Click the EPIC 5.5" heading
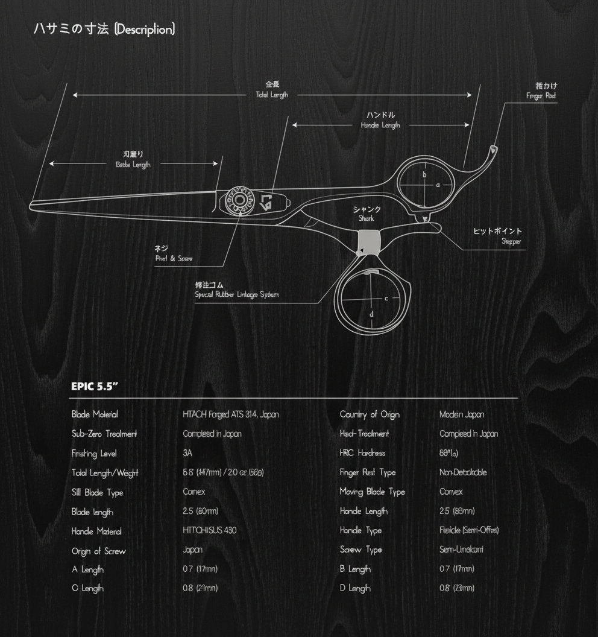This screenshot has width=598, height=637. pos(94,387)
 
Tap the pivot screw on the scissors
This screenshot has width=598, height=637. pos(239,200)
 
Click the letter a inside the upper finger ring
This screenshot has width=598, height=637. pos(438,185)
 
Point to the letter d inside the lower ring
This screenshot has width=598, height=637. pos(372,314)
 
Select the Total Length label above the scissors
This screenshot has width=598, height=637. pos(272,95)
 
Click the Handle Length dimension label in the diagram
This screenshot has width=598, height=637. pos(380,125)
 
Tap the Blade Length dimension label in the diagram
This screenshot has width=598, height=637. pos(133,165)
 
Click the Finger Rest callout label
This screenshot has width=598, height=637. pos(541,95)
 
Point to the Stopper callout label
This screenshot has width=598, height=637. pos(511,242)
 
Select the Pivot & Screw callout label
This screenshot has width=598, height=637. pos(174,259)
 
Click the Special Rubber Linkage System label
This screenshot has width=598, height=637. pos(237,295)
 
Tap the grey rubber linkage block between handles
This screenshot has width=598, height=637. pos(367,241)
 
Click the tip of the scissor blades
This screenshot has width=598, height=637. pos(32,206)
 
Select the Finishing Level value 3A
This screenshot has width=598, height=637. pos(187,453)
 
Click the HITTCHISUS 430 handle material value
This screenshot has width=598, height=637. pos(209,531)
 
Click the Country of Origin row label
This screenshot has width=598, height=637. pos(370,414)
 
